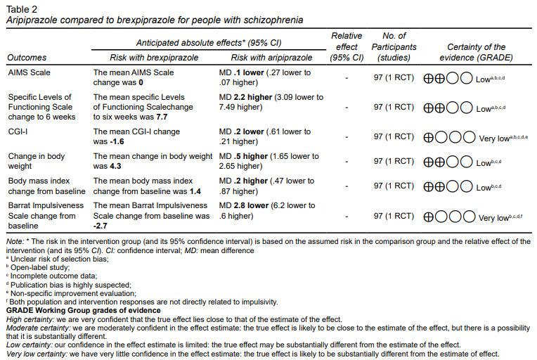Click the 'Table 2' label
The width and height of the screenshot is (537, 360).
[21, 9]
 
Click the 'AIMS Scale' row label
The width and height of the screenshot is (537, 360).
[29, 72]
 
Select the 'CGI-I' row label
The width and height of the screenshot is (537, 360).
[18, 131]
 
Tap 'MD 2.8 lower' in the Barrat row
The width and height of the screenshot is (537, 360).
[245, 205]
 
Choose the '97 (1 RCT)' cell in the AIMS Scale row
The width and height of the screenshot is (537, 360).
[394, 77]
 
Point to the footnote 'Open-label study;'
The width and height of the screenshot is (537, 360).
[39, 268]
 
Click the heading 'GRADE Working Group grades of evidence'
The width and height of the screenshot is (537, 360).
[83, 310]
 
